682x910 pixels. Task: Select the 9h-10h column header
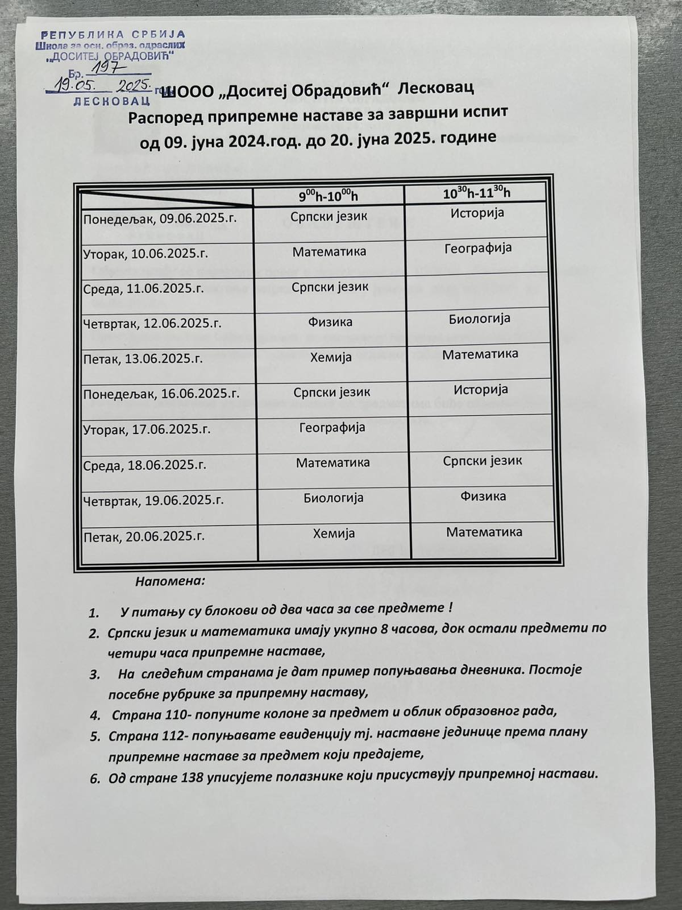(x=328, y=196)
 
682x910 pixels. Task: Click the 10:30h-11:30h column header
(x=477, y=193)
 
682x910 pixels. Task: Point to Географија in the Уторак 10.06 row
(x=478, y=248)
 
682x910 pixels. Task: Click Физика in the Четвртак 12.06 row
(x=330, y=322)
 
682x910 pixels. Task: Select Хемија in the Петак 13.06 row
(x=331, y=357)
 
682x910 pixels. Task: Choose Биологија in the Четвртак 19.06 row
(x=333, y=498)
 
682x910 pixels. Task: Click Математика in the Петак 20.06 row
(x=484, y=532)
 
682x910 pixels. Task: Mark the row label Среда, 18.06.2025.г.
(x=144, y=465)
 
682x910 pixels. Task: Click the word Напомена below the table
(x=170, y=582)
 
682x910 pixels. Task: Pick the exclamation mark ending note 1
(x=450, y=608)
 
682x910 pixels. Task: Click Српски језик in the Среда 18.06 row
(x=483, y=461)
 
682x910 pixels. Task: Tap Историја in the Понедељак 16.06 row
(x=481, y=390)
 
